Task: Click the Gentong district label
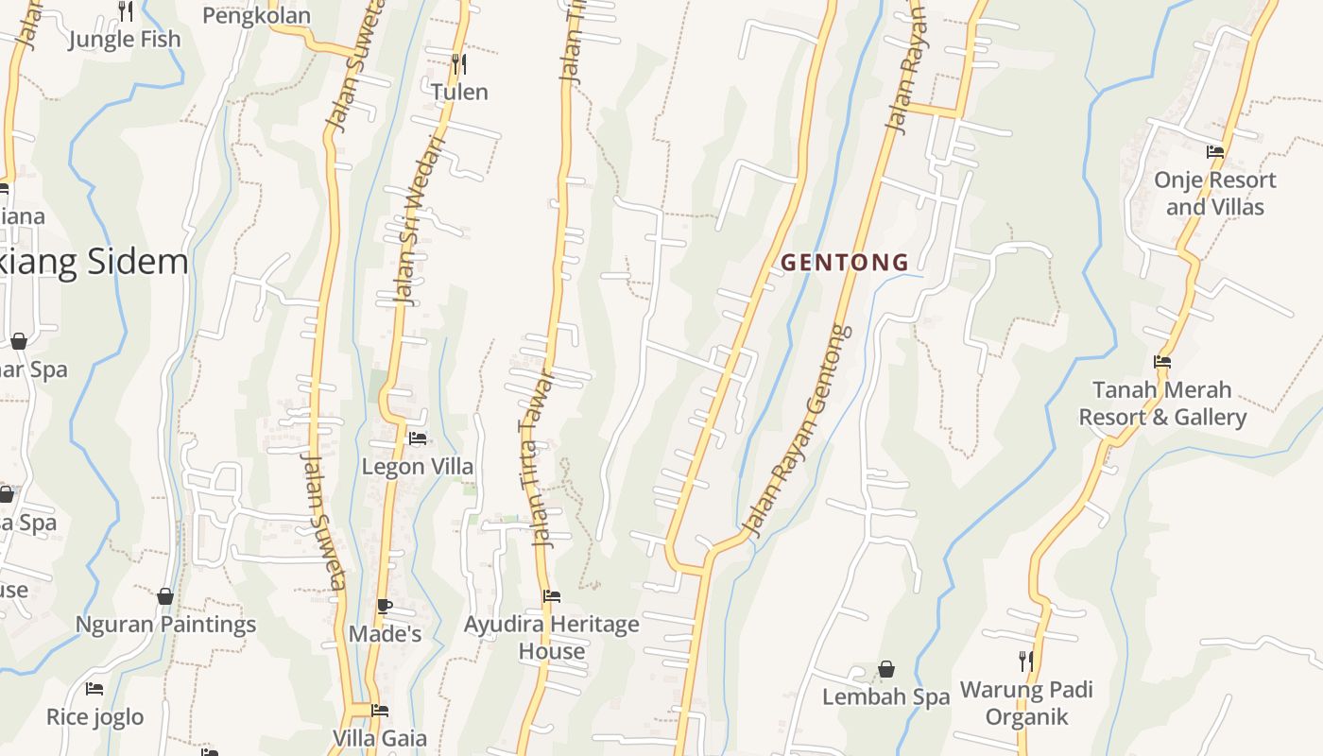click(845, 263)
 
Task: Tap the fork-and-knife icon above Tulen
click(459, 64)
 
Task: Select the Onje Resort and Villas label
click(1214, 193)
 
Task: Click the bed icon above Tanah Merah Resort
click(1162, 362)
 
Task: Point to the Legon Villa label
click(418, 467)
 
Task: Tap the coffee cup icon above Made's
click(384, 606)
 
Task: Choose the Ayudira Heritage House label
click(551, 638)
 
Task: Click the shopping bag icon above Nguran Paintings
click(165, 596)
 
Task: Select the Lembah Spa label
click(885, 697)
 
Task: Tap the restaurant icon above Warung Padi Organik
click(1026, 661)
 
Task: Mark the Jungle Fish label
click(125, 40)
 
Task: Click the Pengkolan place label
click(256, 16)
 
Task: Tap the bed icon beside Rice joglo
click(94, 689)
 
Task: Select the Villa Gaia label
click(380, 738)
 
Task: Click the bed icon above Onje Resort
click(1215, 152)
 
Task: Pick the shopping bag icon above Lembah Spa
click(886, 670)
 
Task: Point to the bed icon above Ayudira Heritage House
click(552, 596)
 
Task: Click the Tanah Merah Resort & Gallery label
click(1162, 404)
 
